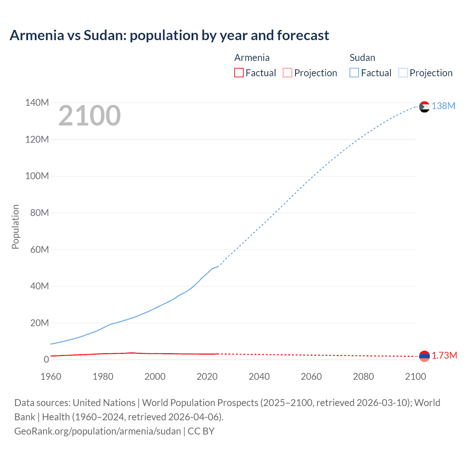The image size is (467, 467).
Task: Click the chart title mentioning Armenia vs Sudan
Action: click(169, 35)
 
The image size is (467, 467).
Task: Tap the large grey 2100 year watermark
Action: click(89, 116)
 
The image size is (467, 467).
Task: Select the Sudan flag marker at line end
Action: click(424, 107)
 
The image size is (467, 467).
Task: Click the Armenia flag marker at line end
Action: click(424, 356)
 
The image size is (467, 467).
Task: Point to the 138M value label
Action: click(443, 106)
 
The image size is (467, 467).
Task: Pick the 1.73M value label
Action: click(444, 356)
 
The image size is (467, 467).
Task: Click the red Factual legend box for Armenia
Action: click(239, 73)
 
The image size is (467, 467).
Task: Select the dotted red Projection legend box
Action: click(287, 73)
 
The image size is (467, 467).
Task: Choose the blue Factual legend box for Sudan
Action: click(354, 73)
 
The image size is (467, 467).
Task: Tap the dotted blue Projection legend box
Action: click(403, 73)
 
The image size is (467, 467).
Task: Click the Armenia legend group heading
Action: click(252, 58)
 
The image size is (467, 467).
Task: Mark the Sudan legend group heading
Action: click(362, 58)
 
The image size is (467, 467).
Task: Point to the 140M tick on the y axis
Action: click(37, 103)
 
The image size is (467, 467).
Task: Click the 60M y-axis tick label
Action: click(39, 250)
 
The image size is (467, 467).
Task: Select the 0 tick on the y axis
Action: click(46, 360)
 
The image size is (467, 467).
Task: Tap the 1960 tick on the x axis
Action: click(51, 377)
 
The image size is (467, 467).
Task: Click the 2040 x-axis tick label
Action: click(259, 377)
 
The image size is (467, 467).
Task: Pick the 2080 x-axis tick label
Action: click(363, 377)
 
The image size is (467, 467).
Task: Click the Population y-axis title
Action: click(15, 227)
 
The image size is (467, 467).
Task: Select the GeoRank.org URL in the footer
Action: click(97, 431)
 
